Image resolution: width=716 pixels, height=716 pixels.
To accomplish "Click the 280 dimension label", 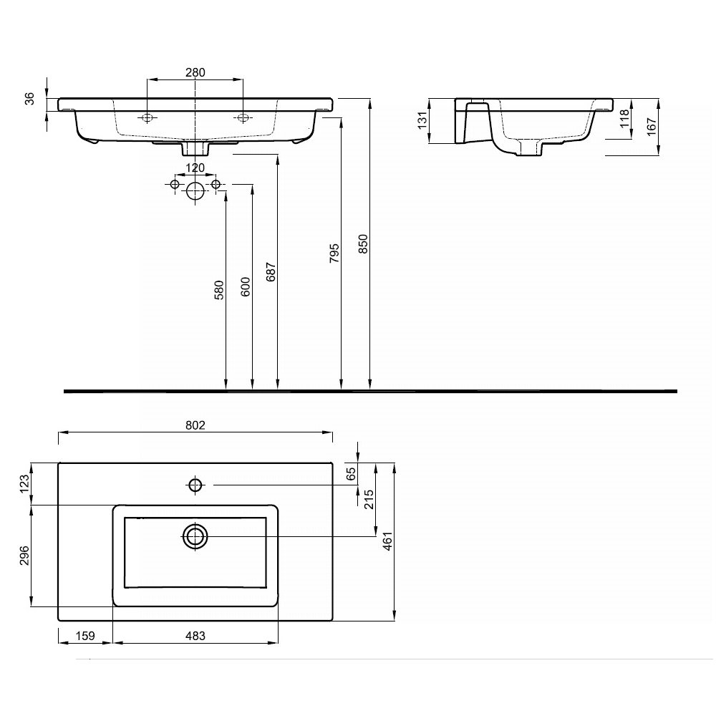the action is (195, 72).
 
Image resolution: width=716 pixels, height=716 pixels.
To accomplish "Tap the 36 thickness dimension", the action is (29, 99).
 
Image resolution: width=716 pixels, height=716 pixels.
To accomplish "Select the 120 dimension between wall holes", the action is (195, 168).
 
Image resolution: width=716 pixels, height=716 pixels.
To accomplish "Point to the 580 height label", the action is (219, 290).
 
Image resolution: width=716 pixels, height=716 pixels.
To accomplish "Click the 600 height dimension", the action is (246, 287).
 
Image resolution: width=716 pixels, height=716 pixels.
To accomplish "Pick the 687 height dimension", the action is (271, 272).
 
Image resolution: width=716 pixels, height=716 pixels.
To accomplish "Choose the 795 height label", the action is (334, 253).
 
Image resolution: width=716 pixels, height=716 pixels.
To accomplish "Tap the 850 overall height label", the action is (363, 244).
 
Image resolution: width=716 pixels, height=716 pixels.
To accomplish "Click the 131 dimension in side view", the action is (422, 120).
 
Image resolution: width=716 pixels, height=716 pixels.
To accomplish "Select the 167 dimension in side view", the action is (652, 126).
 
